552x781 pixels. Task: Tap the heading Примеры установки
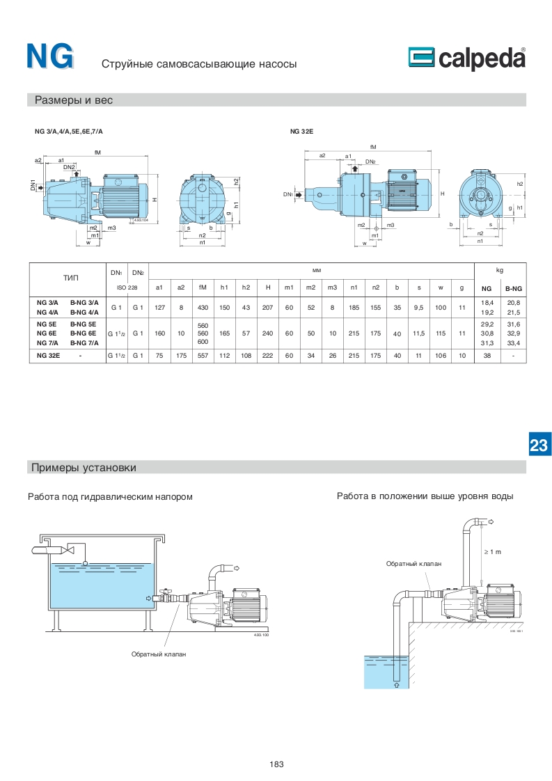pyautogui.click(x=84, y=466)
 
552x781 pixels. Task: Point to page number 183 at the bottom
pyautogui.click(x=276, y=764)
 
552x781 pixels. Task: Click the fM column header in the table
pyautogui.click(x=203, y=287)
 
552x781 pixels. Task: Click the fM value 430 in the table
pyautogui.click(x=203, y=307)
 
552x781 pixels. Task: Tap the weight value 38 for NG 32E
pyautogui.click(x=487, y=355)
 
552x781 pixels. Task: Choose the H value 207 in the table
pyautogui.click(x=268, y=307)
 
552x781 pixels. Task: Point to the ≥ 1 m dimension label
pyautogui.click(x=493, y=552)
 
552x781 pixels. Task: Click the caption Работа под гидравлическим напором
pyautogui.click(x=110, y=496)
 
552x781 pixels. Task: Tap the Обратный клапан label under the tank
pyautogui.click(x=159, y=654)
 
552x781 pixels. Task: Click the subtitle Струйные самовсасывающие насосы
pyautogui.click(x=199, y=64)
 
